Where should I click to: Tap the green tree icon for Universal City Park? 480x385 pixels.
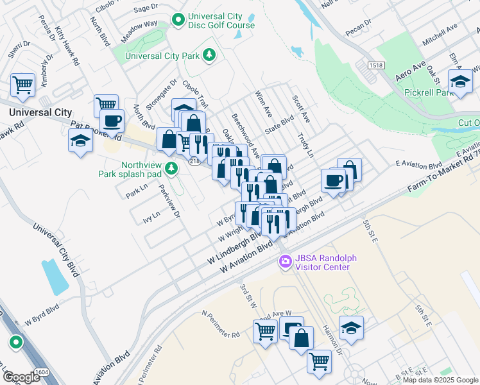point(209,56)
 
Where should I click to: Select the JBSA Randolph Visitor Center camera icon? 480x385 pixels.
point(284,262)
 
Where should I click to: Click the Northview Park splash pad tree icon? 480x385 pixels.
point(171,168)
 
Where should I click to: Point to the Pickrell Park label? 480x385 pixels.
point(429,92)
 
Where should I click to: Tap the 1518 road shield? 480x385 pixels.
point(376,65)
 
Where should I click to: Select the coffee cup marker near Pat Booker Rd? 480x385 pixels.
point(112,121)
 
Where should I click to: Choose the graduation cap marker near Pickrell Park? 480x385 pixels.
point(459,81)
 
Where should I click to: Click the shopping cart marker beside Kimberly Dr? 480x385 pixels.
point(22,84)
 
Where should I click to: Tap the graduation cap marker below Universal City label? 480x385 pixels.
point(80,141)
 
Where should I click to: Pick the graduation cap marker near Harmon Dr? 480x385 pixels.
point(351,328)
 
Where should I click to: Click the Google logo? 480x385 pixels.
point(21,377)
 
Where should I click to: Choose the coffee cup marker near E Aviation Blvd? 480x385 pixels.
point(334,180)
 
